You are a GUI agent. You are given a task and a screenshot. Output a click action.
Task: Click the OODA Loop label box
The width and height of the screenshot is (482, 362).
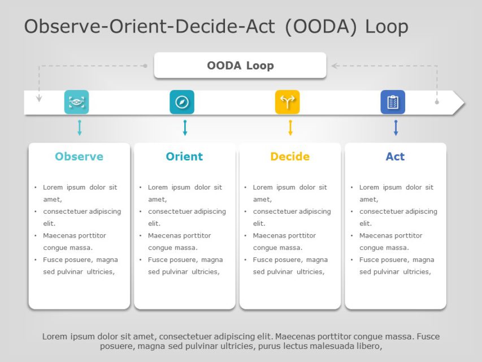[x=240, y=66]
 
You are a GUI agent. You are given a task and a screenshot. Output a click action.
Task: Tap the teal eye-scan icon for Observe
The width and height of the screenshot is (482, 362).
[x=76, y=102]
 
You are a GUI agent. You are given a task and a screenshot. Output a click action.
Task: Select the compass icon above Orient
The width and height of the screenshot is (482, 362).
[x=182, y=102]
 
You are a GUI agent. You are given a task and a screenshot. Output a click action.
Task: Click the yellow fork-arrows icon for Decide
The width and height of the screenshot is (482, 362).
[x=287, y=102]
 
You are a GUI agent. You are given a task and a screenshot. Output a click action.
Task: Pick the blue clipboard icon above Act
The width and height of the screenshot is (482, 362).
[x=393, y=102]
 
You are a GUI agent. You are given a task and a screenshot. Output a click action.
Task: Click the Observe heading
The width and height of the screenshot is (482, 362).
[x=79, y=157]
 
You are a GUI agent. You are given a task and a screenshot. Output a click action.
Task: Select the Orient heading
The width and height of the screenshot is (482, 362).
[x=184, y=157]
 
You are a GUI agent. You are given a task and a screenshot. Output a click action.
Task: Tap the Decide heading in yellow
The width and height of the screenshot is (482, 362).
[x=290, y=157]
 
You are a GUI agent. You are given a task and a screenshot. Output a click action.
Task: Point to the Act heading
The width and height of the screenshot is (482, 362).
[x=395, y=157]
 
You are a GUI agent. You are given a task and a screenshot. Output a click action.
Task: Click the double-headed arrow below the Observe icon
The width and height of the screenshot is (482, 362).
[x=79, y=128]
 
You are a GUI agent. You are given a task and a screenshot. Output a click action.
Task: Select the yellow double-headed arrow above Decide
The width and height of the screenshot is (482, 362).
[x=290, y=128]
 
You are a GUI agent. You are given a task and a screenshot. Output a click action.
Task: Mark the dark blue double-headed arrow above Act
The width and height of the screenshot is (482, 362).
[x=396, y=128]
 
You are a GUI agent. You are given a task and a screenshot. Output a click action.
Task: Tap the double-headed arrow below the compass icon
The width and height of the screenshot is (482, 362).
[x=185, y=128]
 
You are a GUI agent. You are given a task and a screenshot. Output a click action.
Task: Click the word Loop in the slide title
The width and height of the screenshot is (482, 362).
[x=387, y=27]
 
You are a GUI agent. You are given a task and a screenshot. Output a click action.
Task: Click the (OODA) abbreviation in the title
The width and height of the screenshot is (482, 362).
[x=320, y=27]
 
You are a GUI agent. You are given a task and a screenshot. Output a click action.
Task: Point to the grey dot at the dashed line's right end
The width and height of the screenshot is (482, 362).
[x=437, y=102]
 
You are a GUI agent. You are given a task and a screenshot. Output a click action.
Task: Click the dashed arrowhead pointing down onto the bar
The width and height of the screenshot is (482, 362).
[x=39, y=98]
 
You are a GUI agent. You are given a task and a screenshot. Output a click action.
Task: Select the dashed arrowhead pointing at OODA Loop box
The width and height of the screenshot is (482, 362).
[x=335, y=66]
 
